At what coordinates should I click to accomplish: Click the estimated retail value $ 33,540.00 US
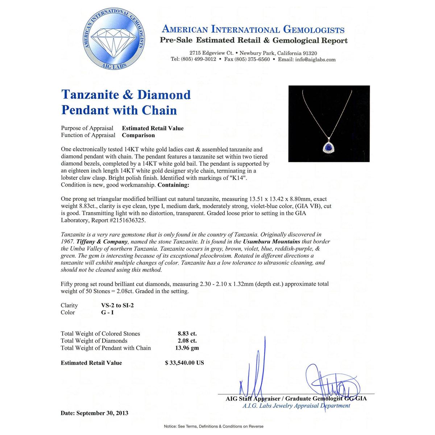pos(185,363)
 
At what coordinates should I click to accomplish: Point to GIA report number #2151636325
pos(127,220)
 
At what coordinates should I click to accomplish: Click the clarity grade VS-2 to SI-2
pos(117,305)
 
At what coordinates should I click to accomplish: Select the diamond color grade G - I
pos(108,312)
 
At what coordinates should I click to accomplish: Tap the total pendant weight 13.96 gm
pos(187,348)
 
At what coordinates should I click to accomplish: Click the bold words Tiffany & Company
pos(102,241)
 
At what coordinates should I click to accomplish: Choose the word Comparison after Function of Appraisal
pos(138,135)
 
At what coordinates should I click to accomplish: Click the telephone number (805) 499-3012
pos(198,59)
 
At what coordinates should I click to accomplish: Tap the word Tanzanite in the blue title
pos(90,95)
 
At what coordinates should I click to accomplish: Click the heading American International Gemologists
pos(253,30)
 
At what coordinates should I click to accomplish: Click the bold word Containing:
pos(173,185)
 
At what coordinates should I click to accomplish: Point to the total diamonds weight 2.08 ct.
pos(187,341)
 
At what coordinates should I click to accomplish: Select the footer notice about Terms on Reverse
pos(214,426)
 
